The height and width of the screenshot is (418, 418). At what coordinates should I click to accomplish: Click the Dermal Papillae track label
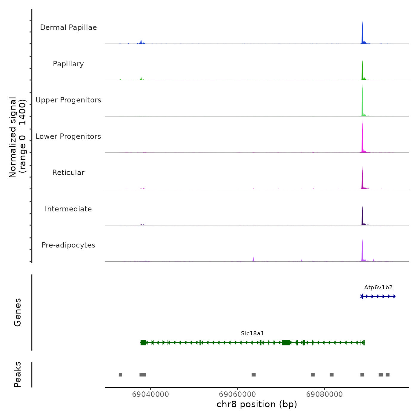(x=68, y=27)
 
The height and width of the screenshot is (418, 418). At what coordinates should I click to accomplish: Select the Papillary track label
(x=68, y=64)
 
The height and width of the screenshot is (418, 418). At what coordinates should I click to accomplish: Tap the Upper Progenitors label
(x=68, y=100)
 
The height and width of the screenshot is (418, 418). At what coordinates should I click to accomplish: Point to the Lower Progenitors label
(x=68, y=136)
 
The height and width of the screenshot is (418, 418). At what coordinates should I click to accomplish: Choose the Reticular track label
(x=68, y=173)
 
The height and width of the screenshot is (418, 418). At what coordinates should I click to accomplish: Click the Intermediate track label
(x=68, y=209)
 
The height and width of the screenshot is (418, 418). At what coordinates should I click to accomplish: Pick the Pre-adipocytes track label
(x=68, y=245)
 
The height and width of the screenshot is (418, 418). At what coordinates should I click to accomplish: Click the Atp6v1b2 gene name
(x=378, y=288)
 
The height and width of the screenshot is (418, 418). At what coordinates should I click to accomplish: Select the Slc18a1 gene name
(x=253, y=334)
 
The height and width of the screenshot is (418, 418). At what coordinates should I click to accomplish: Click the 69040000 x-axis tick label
(x=150, y=394)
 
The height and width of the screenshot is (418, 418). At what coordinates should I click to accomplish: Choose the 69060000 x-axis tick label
(x=237, y=394)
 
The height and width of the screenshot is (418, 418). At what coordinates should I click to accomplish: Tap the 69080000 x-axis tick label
(x=324, y=394)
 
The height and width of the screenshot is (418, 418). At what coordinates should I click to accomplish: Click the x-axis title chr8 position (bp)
(x=257, y=405)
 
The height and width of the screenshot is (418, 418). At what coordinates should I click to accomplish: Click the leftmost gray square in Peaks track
(x=120, y=375)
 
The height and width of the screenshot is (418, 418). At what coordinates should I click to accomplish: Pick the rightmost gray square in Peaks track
(x=388, y=375)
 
